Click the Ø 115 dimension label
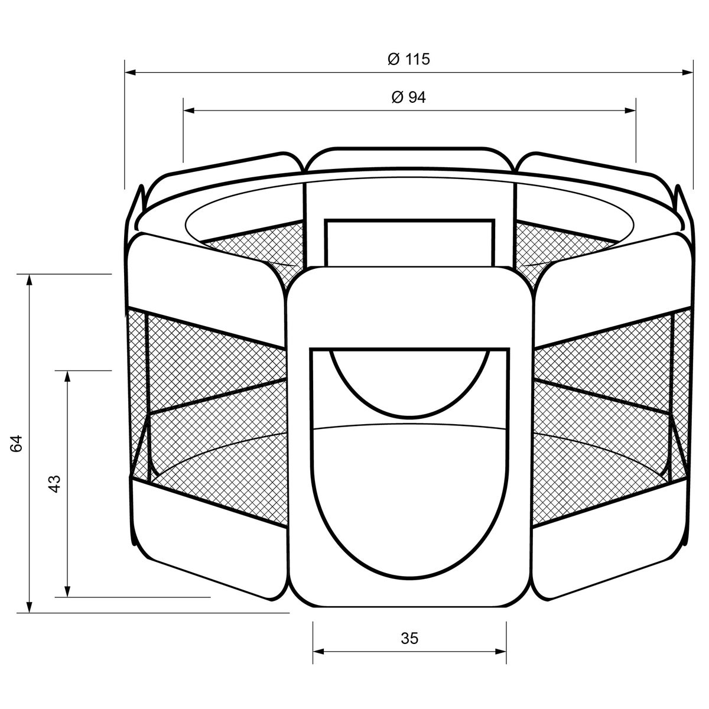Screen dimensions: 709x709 coord(408,59)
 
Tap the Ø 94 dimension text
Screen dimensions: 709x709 coord(408,97)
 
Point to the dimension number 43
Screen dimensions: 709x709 coord(54,484)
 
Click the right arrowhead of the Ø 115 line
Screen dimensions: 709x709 coord(687,73)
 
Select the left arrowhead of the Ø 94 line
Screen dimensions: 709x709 coord(188,110)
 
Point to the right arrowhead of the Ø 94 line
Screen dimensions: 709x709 coord(630,110)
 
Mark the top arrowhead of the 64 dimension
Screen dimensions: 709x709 coord(30,280)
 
